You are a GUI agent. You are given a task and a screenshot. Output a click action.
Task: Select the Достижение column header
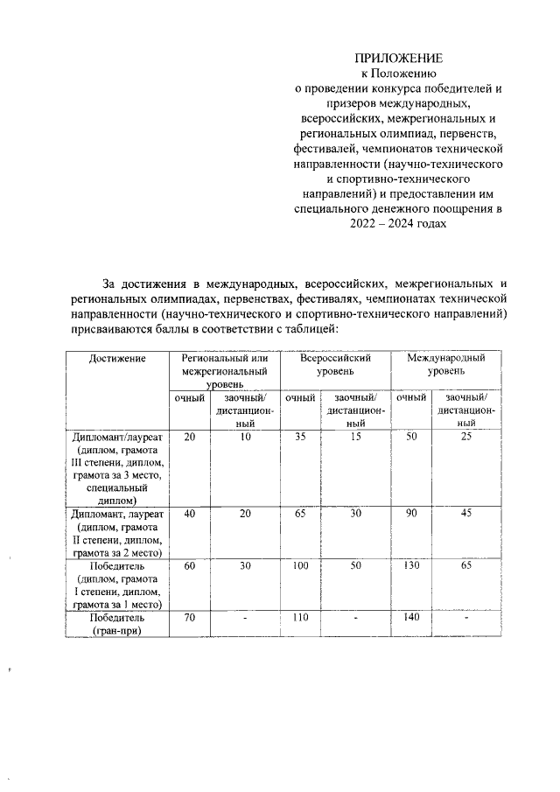click(x=117, y=359)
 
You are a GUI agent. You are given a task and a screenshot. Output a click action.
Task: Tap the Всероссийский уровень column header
click(x=335, y=365)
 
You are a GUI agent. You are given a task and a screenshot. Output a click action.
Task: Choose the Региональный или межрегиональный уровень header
click(x=224, y=371)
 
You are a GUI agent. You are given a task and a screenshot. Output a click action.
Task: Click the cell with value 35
click(x=300, y=436)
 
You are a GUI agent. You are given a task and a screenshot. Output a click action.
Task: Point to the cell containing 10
click(x=246, y=436)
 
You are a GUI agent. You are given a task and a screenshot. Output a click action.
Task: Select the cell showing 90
click(x=410, y=515)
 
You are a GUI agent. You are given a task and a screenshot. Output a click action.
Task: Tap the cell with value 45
click(x=467, y=515)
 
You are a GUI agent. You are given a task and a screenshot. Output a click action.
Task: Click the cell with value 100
click(x=300, y=567)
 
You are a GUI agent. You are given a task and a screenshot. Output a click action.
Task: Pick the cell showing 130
click(x=410, y=567)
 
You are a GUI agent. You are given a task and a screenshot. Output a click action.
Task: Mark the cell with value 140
click(x=410, y=618)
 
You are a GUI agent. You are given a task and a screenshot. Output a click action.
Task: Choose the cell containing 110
click(x=300, y=618)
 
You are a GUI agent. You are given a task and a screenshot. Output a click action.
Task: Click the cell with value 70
click(x=190, y=618)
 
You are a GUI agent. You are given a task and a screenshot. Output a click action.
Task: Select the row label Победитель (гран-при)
click(x=117, y=624)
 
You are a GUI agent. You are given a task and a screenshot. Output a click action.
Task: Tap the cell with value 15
click(x=355, y=436)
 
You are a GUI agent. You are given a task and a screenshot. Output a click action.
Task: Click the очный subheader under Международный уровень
click(x=410, y=398)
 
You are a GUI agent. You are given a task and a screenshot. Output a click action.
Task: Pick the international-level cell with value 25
click(x=467, y=436)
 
